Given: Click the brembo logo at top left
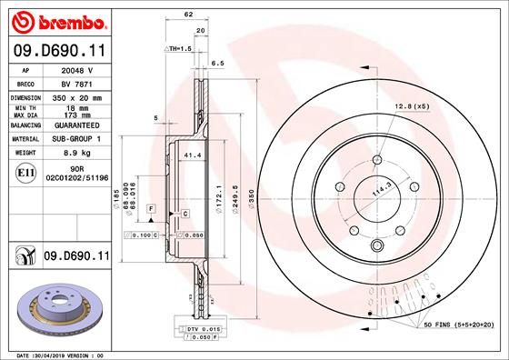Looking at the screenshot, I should click(x=56, y=20).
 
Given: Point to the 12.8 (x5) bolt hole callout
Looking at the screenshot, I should click(x=412, y=107).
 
